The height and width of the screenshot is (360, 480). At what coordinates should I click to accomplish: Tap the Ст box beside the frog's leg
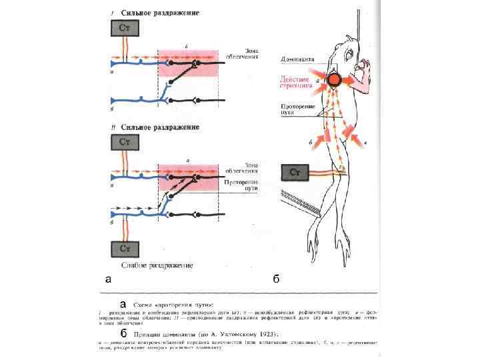point(295,173)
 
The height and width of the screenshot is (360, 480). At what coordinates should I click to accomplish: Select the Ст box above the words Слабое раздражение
point(125,249)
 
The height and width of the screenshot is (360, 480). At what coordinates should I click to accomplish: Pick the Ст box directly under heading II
point(125,142)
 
